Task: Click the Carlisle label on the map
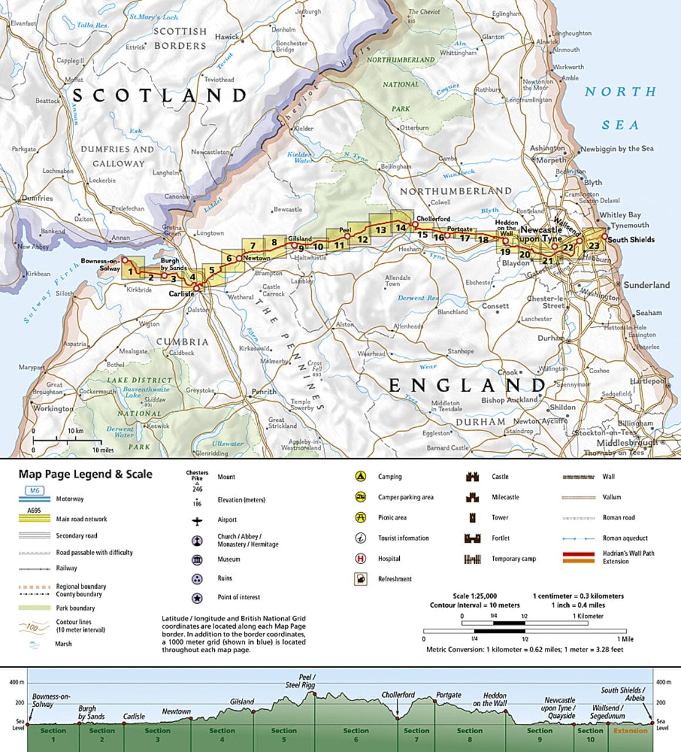pyautogui.click(x=181, y=294)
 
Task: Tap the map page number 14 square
pyautogui.click(x=400, y=228)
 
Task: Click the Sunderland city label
pyautogui.click(x=646, y=285)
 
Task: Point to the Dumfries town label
pyautogui.click(x=37, y=199)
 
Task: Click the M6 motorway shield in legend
pyautogui.click(x=34, y=491)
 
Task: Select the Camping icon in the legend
pyautogui.click(x=360, y=476)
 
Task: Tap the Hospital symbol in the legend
pyautogui.click(x=360, y=559)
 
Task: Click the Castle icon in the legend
pyautogui.click(x=472, y=476)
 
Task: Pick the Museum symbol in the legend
pyautogui.click(x=197, y=559)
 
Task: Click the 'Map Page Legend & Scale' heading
pyautogui.click(x=85, y=474)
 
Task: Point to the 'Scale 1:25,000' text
pyautogui.click(x=474, y=596)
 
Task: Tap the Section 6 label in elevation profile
pyautogui.click(x=356, y=734)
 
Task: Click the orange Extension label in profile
pyautogui.click(x=631, y=731)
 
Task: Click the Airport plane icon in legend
pyautogui.click(x=197, y=520)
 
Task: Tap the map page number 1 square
pyautogui.click(x=130, y=272)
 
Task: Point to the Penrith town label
pyautogui.click(x=264, y=391)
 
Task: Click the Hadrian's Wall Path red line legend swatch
pyautogui.click(x=579, y=553)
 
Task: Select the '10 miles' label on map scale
pyautogui.click(x=103, y=450)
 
